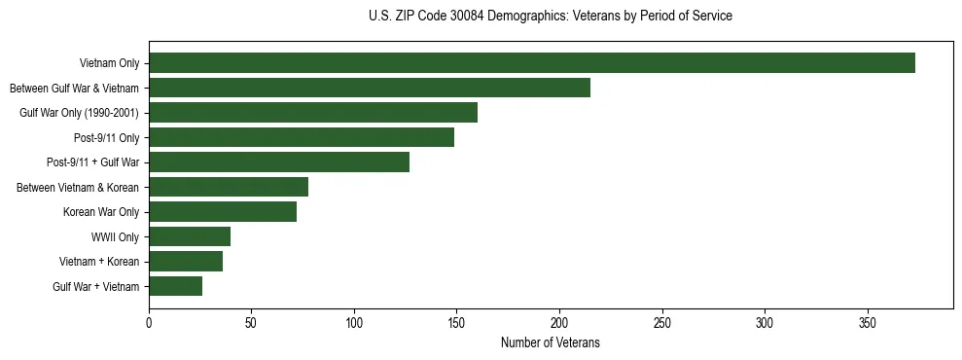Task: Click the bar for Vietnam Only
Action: (532, 63)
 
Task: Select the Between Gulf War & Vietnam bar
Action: (370, 88)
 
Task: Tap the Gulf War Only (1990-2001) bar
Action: (313, 113)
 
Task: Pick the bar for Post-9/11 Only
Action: (302, 137)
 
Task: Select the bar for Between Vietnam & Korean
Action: (229, 187)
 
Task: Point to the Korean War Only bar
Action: (223, 212)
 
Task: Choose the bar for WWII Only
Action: (190, 236)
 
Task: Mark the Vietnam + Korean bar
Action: (186, 261)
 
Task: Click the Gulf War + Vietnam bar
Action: (175, 286)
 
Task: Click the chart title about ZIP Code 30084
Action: (551, 17)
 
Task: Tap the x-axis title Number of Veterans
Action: (551, 343)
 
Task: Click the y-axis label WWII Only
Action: (115, 236)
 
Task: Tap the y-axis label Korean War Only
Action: (101, 212)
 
